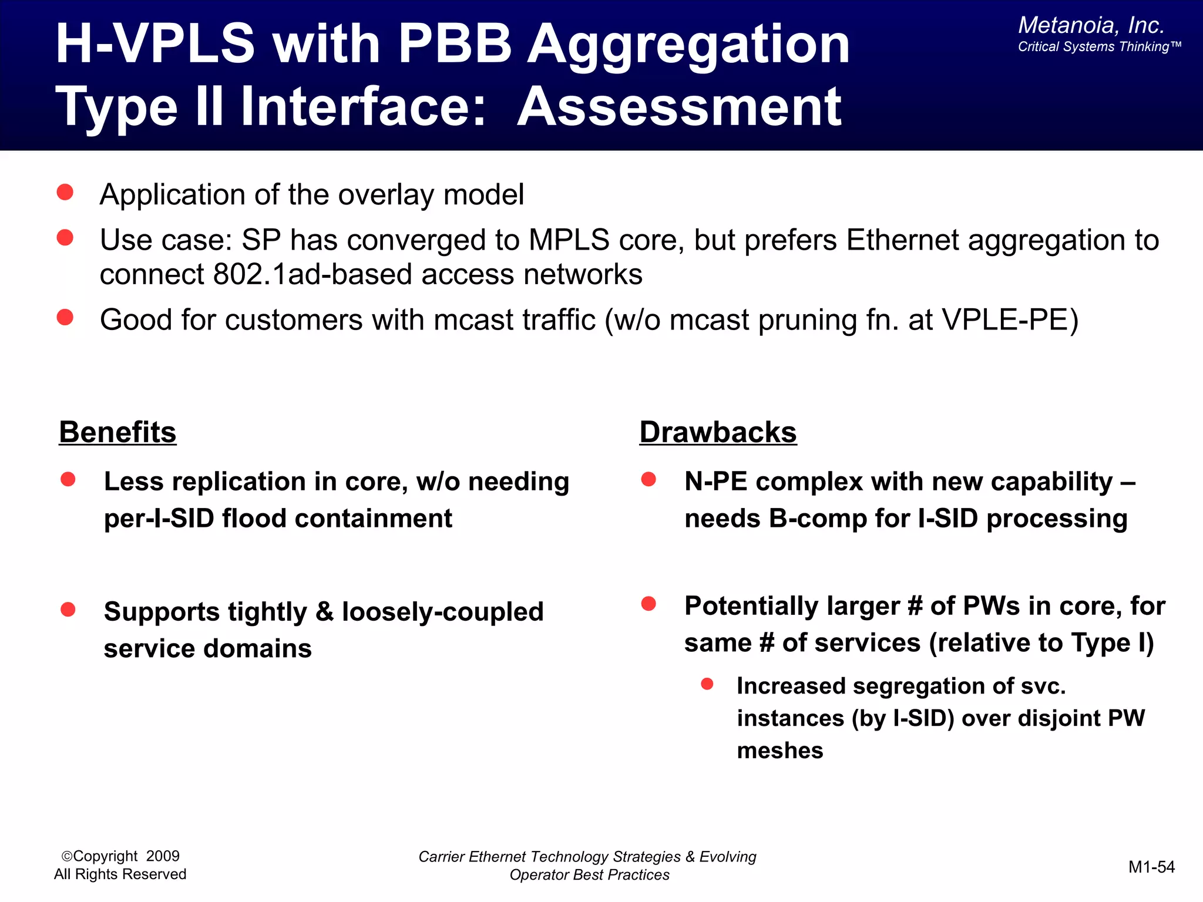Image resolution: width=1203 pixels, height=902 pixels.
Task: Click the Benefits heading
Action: point(117,432)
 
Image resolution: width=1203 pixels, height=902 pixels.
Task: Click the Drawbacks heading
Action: point(718,432)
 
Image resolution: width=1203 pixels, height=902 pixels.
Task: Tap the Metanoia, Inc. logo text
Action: point(1091,25)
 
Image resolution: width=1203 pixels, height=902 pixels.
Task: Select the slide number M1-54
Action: point(1151,867)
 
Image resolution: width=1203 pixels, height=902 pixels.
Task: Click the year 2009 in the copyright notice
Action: point(163,856)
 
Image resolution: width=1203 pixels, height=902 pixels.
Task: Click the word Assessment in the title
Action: point(679,107)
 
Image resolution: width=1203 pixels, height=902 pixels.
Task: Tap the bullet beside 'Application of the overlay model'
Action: point(65,193)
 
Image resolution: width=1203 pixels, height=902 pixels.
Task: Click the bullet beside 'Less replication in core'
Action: point(68,479)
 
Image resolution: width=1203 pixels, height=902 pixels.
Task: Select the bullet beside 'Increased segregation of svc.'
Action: point(707,684)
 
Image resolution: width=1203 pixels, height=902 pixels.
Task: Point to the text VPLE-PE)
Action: point(1010,320)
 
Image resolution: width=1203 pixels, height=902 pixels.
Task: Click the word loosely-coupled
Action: point(442,612)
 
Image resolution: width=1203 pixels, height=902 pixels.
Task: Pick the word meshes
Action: point(779,750)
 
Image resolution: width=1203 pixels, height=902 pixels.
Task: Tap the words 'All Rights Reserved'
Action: point(120,874)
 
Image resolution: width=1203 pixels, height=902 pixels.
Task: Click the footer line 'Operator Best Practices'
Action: point(589,875)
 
